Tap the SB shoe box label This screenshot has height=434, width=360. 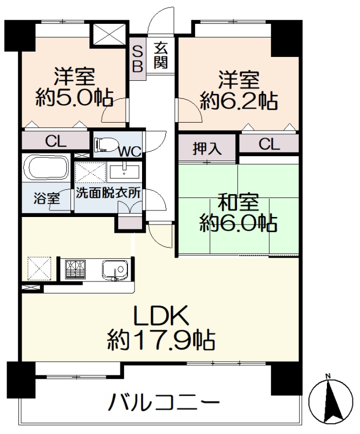[138, 59]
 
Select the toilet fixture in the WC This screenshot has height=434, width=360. [106, 144]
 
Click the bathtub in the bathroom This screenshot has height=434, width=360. [46, 168]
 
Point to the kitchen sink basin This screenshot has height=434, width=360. [115, 269]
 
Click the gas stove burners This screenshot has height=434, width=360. [75, 269]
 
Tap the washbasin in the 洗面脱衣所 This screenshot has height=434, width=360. [124, 172]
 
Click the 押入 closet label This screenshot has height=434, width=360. [207, 148]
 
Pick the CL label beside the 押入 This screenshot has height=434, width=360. [269, 144]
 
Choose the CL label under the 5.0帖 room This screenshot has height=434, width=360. [56, 142]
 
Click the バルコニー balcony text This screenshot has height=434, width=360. [164, 401]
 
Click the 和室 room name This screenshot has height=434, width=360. [238, 202]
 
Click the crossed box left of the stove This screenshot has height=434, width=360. [39, 269]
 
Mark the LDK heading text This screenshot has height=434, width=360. [161, 315]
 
